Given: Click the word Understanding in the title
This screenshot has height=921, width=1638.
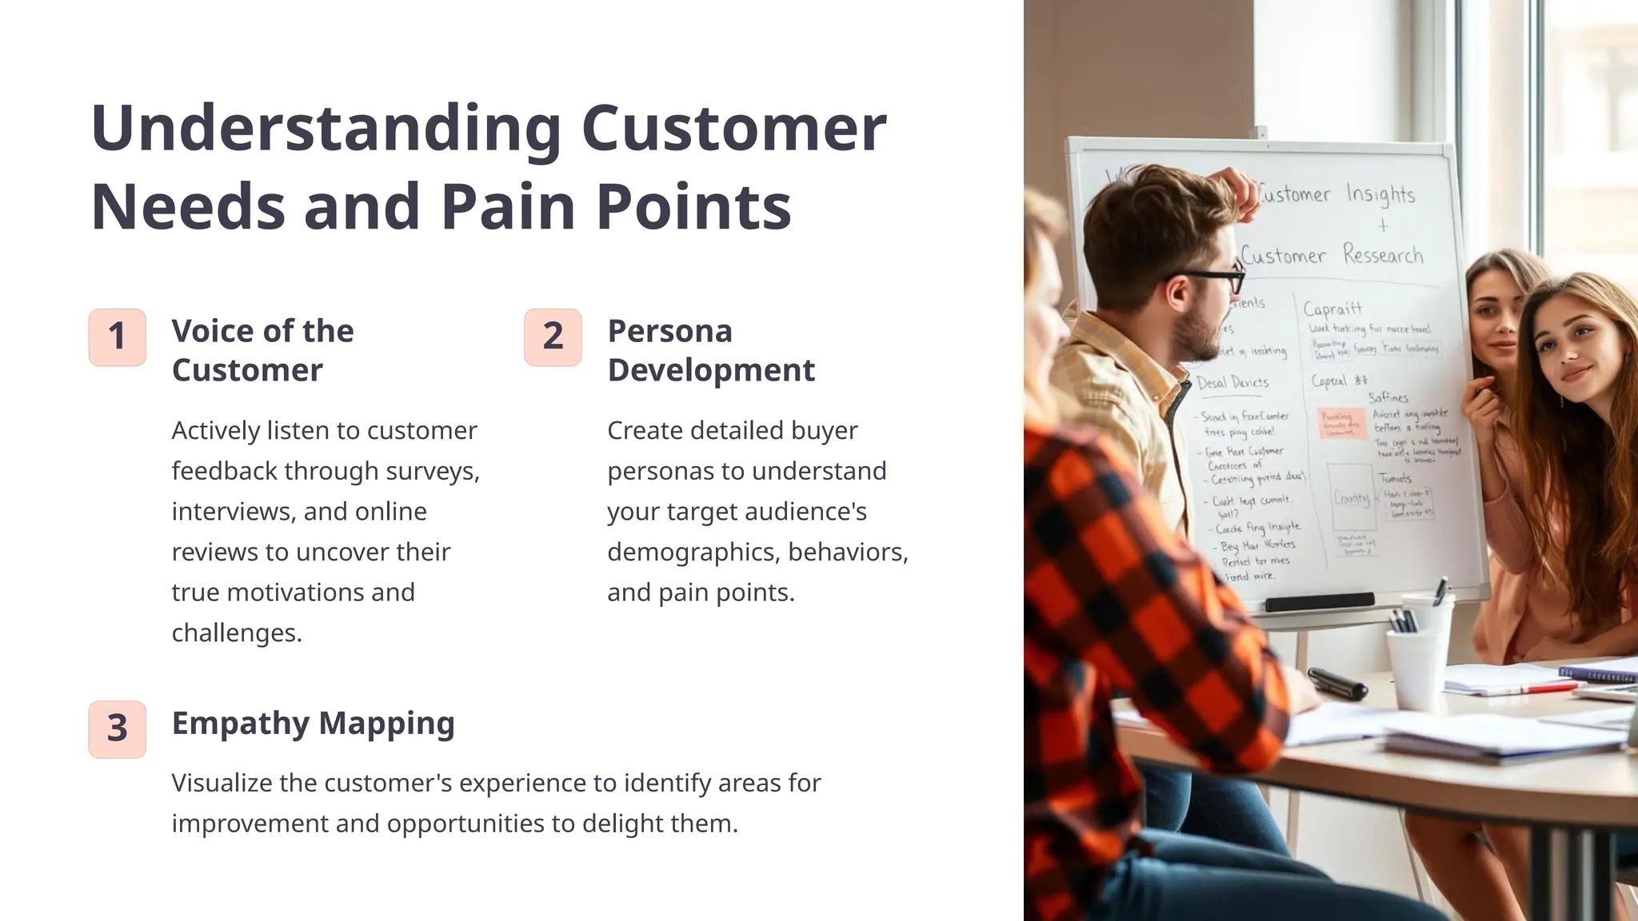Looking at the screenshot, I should tap(326, 129).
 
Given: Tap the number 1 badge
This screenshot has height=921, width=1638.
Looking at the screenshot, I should tap(118, 337).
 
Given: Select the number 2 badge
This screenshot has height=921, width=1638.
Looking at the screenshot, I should tap(553, 337).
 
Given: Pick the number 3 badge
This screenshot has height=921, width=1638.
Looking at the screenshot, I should tap(118, 729).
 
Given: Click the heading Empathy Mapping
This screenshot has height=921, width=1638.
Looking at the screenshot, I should tap(313, 723).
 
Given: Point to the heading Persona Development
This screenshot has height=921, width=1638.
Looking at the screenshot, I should tap(710, 350).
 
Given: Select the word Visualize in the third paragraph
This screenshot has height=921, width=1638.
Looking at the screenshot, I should tap(222, 783).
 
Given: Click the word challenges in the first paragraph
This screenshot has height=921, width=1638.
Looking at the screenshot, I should tap(236, 632).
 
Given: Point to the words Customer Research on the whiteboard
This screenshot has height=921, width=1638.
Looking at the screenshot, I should tap(1332, 256).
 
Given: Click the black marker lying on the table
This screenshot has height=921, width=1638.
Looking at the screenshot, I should tap(1337, 683).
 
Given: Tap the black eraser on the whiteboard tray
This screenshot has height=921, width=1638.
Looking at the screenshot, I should tap(1320, 601).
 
